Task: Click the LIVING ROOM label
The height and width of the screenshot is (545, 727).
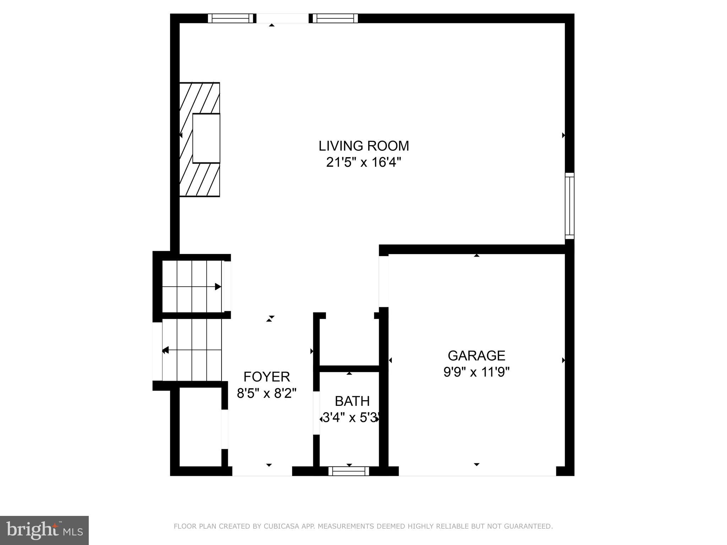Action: [363, 146]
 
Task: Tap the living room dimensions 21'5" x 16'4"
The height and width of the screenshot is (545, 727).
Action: [363, 163]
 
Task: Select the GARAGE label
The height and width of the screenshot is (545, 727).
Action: [476, 356]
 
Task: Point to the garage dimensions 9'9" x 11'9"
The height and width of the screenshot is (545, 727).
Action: [476, 372]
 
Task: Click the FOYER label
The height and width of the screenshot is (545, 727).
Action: [267, 376]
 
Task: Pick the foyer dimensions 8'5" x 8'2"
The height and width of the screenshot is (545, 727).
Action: [267, 393]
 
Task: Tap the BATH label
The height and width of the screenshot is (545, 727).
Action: [352, 401]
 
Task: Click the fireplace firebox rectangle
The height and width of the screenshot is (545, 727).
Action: [206, 138]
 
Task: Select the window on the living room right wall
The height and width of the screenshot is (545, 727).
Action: [569, 206]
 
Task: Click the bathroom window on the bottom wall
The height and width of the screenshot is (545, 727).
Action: [349, 471]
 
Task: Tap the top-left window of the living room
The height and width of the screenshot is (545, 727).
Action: [231, 18]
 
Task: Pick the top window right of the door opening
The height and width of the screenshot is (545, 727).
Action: [335, 18]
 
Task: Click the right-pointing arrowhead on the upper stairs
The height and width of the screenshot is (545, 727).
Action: [218, 287]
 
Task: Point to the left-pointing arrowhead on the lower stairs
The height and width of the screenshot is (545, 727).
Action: [165, 351]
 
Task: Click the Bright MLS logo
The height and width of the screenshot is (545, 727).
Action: [44, 530]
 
